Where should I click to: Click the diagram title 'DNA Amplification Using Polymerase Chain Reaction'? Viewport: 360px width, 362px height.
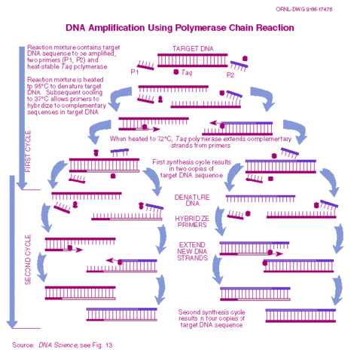click(179, 28)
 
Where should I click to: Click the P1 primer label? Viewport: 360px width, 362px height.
click(134, 72)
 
